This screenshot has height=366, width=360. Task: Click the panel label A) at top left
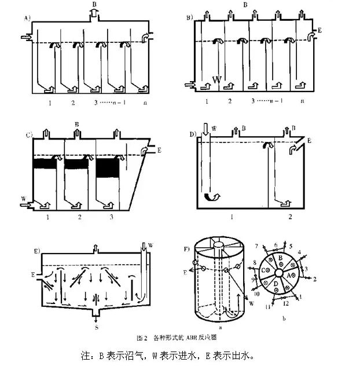click(27, 19)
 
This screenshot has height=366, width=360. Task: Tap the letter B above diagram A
click(93, 5)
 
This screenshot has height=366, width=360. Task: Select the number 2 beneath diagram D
click(289, 217)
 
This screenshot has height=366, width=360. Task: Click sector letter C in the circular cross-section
click(265, 270)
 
